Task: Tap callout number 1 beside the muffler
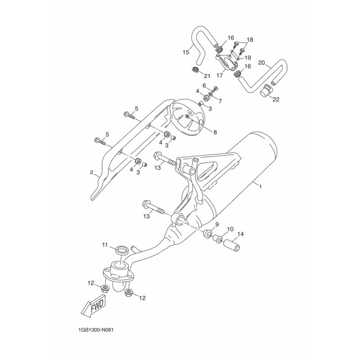click(x=261, y=186)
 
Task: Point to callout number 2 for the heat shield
click(x=91, y=172)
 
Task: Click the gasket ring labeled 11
click(x=121, y=250)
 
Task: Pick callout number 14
click(x=241, y=234)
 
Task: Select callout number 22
click(x=276, y=99)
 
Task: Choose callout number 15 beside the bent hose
click(x=186, y=52)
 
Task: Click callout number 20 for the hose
click(x=261, y=63)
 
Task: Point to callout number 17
click(x=220, y=75)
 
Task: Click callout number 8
click(x=215, y=132)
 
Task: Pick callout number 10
click(x=230, y=229)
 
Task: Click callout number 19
click(x=248, y=58)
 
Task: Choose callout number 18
click(x=250, y=40)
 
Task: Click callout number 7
click(x=220, y=100)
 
